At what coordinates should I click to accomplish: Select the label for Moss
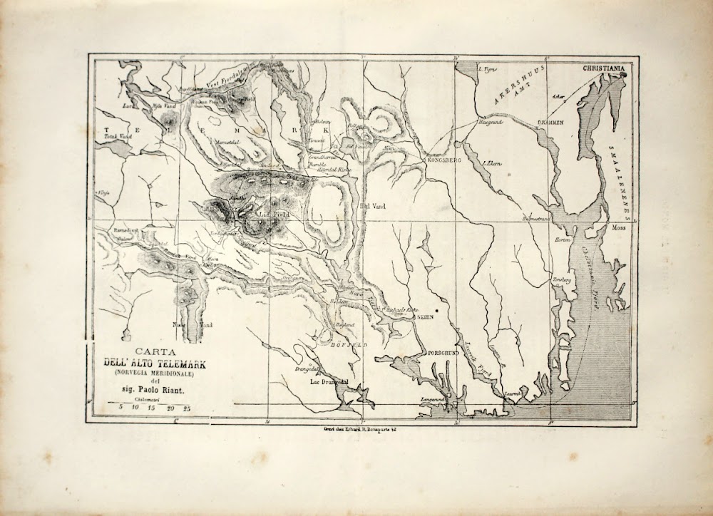click(617, 229)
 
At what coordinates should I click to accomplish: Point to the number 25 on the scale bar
click(186, 408)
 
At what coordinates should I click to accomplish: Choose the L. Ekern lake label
click(493, 164)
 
